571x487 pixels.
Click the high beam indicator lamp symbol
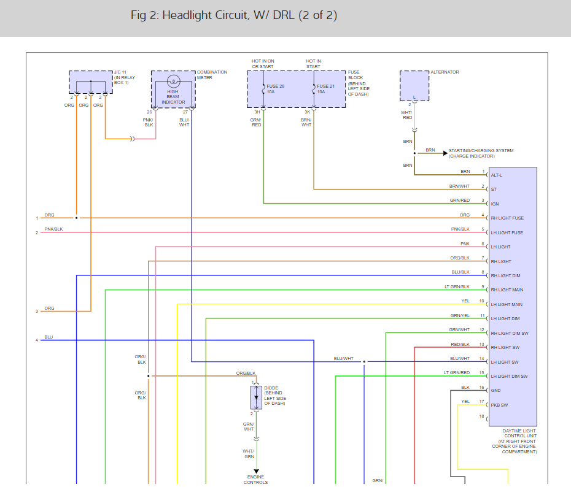coord(174,81)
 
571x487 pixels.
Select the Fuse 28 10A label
coord(275,89)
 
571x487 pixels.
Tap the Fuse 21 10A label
coord(325,89)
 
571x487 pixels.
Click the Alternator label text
coord(445,72)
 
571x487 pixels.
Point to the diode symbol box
coord(257,397)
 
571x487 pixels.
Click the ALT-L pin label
coord(496,175)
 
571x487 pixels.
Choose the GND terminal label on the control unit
coord(495,390)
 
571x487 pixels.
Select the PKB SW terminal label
coord(499,405)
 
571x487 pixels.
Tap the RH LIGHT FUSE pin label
coord(507,218)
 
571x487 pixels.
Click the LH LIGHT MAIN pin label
coord(507,304)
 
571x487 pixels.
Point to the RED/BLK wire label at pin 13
coord(460,344)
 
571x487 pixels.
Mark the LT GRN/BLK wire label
coord(457,286)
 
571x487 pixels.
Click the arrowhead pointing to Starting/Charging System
coord(445,153)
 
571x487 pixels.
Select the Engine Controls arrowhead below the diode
coord(257,472)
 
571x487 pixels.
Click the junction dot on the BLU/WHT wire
coord(364,361)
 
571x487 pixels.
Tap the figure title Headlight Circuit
coord(234,15)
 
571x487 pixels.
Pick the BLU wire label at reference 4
coord(49,337)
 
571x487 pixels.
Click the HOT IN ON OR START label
coord(263,64)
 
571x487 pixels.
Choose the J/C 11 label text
coord(120,72)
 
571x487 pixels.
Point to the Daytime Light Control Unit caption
coord(514,441)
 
